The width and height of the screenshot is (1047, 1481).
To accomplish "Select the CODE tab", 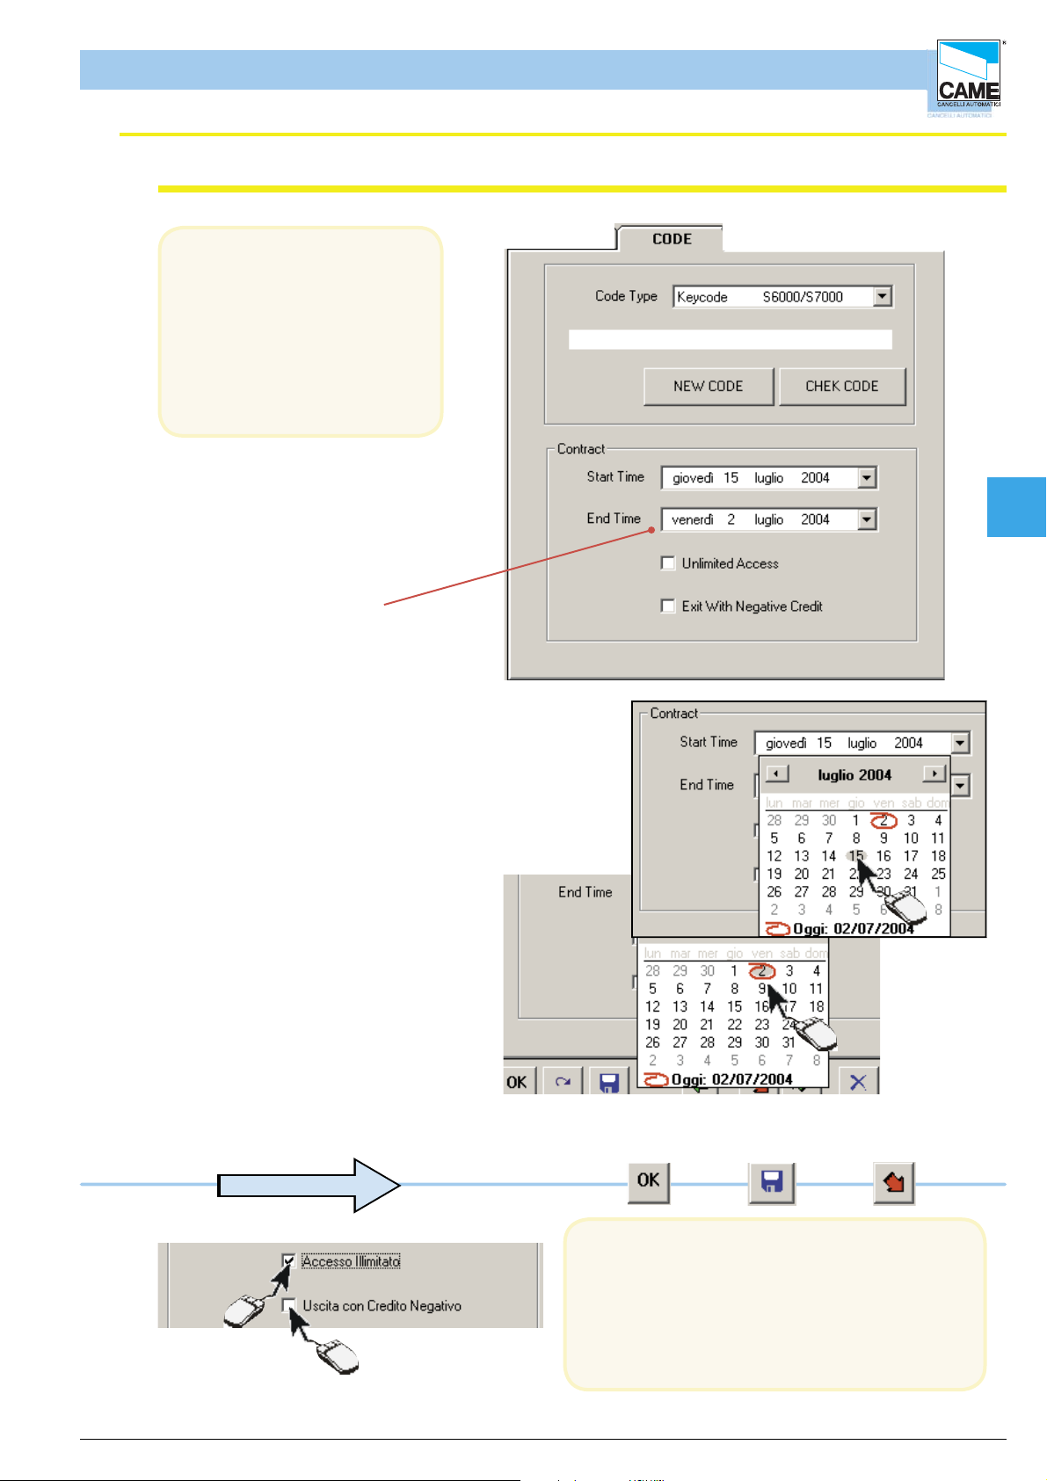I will [671, 239].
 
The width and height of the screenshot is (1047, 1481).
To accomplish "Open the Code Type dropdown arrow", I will [883, 297].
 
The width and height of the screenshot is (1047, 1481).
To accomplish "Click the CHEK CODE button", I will [841, 386].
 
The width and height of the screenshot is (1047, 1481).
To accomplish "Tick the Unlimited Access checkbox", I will [668, 563].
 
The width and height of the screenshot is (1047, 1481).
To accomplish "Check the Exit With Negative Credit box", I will [668, 606].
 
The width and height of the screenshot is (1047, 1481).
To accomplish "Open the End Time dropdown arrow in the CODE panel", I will [867, 519].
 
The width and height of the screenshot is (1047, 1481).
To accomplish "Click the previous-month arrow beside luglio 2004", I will [776, 774].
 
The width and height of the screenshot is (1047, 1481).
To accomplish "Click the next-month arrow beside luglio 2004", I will [934, 774].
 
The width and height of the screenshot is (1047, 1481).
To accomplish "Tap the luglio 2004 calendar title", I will [854, 775].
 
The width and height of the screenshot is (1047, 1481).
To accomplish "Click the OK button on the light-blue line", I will [649, 1180].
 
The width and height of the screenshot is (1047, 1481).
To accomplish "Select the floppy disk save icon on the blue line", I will [772, 1182].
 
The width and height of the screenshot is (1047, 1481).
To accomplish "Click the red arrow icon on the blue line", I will [894, 1182].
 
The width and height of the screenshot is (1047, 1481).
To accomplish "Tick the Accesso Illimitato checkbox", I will [288, 1261].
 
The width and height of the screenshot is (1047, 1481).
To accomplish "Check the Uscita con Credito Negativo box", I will [288, 1305].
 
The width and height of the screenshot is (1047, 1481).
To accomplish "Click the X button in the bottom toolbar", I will [858, 1082].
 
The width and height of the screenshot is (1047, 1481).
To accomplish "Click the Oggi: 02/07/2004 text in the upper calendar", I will [853, 929].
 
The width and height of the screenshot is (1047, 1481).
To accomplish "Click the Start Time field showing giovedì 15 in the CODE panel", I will [758, 477].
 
